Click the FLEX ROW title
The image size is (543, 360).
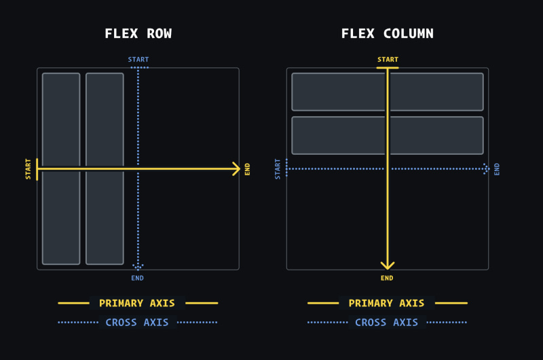pos(138,34)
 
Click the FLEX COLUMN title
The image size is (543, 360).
pos(388,34)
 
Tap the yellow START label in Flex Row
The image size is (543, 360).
pos(28,168)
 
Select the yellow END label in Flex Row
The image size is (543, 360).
pos(248,168)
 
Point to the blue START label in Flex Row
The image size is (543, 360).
pos(138,60)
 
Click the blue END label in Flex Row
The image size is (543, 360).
pos(138,278)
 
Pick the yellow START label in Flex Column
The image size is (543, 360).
pos(388,60)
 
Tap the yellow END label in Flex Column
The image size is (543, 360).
pos(387,278)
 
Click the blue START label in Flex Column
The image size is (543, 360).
pos(278,168)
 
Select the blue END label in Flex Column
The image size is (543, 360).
pos(497,168)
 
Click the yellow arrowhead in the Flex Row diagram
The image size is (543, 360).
pos(236,168)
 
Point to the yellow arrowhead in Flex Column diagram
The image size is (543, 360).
pos(388,265)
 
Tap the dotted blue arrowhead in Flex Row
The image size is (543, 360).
pos(138,266)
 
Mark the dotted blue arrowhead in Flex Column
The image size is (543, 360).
pos(486,168)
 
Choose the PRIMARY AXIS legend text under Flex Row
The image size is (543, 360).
pos(137,303)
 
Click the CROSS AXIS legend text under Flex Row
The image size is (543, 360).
pos(137,322)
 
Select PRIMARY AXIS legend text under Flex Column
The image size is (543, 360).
pos(387,303)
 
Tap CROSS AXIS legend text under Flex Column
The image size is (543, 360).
pos(387,322)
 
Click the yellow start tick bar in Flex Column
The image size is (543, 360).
pos(388,68)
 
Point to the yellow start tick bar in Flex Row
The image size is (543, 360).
pos(37,168)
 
